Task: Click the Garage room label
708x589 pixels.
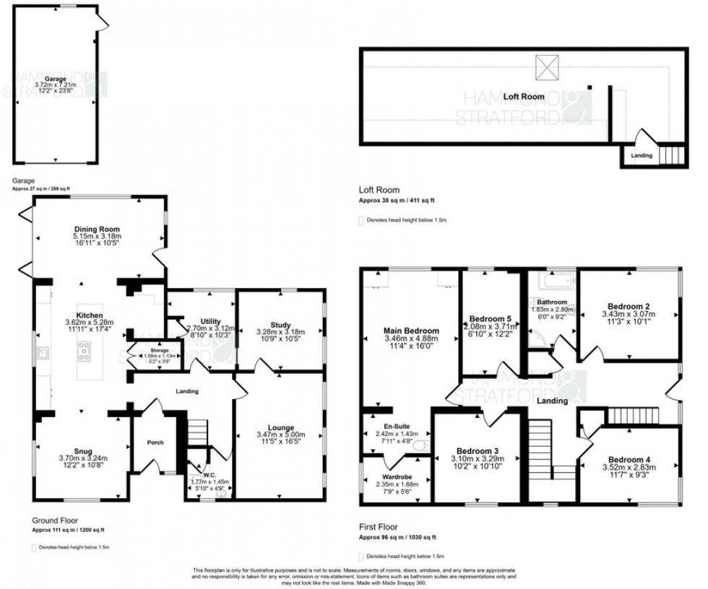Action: [55, 79]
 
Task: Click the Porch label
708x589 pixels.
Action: [154, 442]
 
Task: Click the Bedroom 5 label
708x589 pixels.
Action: [491, 318]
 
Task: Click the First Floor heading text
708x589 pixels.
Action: [377, 528]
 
